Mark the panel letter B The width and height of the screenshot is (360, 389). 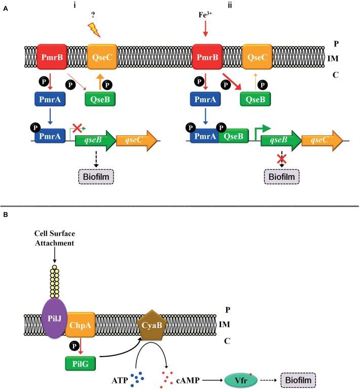pyautogui.click(x=5, y=215)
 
